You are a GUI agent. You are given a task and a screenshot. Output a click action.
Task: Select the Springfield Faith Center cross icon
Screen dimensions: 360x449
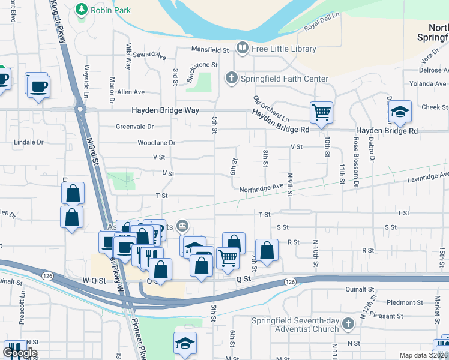231,79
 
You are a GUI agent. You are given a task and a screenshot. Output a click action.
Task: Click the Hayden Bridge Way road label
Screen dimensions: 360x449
164,110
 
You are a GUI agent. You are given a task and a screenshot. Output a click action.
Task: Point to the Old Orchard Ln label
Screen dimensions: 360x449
271,109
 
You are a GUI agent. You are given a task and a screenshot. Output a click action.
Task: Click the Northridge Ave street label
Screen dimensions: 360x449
261,187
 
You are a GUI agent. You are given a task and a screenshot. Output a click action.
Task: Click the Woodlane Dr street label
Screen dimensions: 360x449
156,143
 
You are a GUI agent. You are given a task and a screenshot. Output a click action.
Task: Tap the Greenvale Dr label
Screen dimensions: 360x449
134,127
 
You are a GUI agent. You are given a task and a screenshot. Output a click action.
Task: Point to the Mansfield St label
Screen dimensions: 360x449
210,49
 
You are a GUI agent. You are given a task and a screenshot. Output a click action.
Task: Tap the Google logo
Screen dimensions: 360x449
20,353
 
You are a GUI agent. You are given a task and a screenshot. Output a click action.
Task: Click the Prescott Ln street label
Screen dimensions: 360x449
22,311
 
